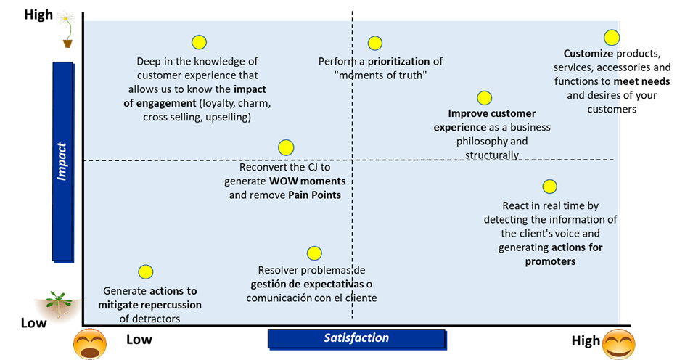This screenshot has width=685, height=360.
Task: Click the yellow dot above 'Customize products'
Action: [612, 37]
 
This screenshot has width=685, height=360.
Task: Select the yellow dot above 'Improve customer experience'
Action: [484, 98]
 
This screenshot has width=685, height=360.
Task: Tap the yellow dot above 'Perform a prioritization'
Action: [374, 44]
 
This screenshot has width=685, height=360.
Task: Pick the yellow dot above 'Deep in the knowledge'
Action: [198, 43]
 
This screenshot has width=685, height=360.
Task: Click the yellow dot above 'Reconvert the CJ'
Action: [286, 147]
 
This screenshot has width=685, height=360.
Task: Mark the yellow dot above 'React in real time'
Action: [549, 187]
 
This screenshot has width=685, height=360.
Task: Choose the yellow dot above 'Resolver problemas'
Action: [313, 253]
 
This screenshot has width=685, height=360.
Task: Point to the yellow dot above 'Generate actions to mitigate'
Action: [145, 271]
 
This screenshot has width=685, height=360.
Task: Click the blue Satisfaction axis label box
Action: [356, 338]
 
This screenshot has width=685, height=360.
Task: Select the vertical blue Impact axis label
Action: [62, 160]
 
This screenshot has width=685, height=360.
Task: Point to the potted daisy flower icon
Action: [67, 28]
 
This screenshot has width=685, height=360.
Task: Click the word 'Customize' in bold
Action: [588, 54]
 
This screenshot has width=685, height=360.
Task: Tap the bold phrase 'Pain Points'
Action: [314, 195]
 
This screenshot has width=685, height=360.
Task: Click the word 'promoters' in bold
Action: [550, 261]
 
